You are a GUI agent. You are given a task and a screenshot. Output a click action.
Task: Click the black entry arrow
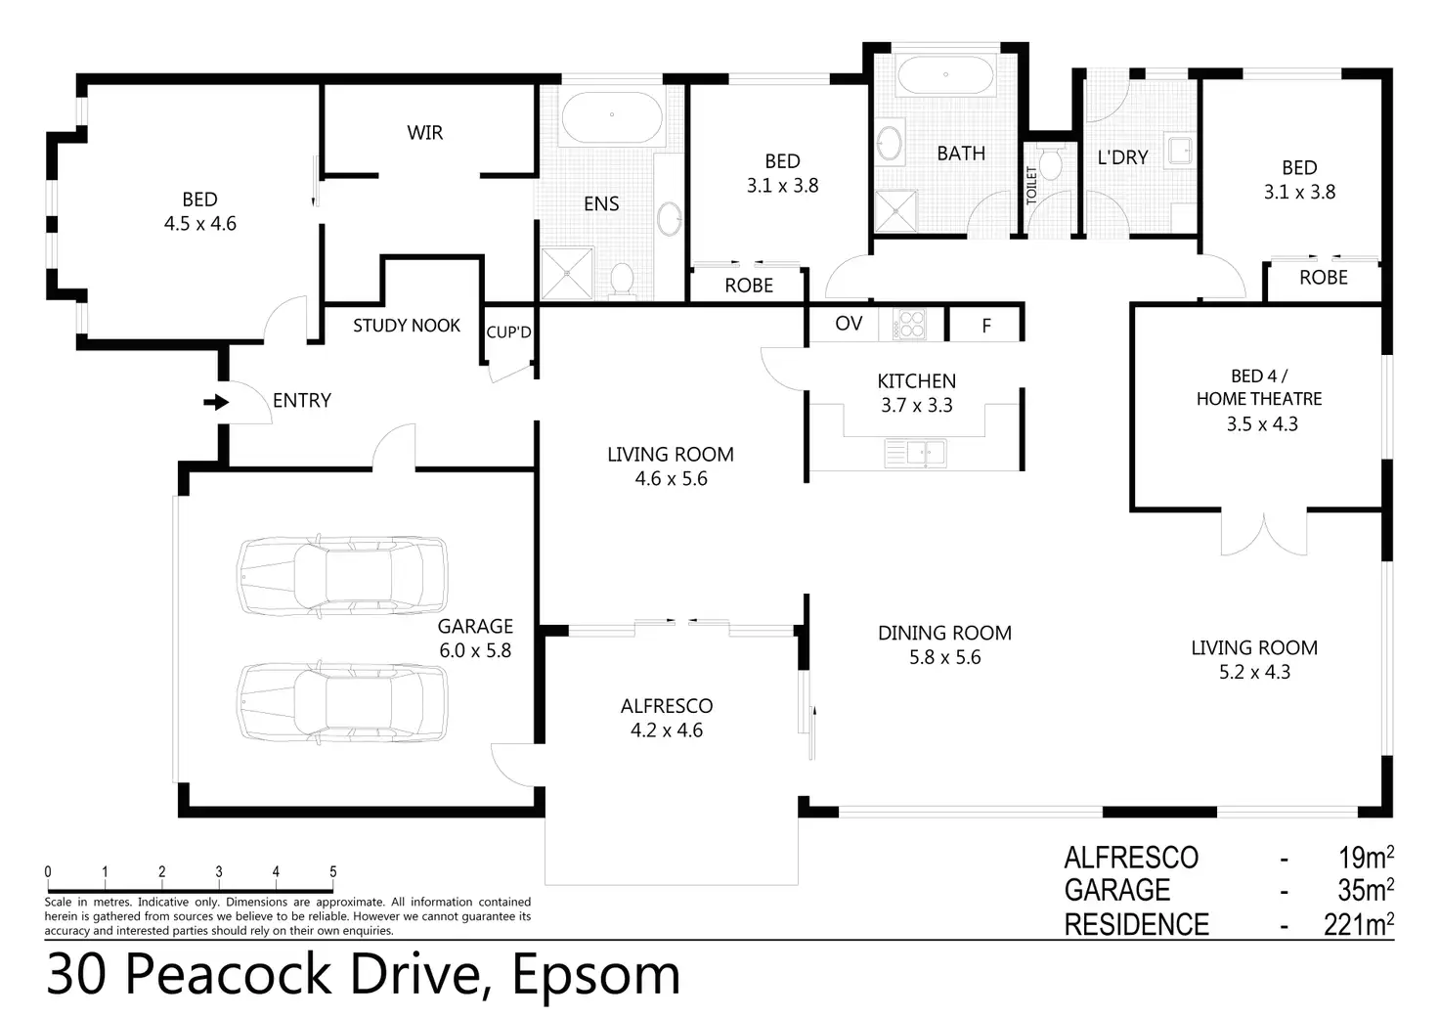point(216,402)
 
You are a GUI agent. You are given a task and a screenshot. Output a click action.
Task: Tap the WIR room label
point(424,132)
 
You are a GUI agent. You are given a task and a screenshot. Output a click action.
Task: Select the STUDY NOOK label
point(407,325)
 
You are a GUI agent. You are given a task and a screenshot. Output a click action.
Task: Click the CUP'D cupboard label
point(508,332)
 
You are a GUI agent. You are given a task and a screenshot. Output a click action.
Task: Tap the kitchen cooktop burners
point(910,325)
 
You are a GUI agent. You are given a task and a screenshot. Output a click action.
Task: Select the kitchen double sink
point(915,453)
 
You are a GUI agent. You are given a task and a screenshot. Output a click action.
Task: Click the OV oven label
point(849,323)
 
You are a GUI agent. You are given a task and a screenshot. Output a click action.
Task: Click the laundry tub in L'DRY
point(1180,151)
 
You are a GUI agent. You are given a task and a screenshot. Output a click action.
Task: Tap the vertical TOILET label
point(1031,185)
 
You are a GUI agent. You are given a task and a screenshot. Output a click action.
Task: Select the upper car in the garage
point(342,576)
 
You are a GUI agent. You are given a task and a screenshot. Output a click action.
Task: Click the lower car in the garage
point(342,701)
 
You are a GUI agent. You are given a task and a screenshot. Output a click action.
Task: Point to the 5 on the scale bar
point(332,872)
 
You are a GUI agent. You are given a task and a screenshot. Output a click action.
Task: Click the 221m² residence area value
point(1359,924)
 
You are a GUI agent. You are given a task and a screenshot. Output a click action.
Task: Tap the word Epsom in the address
point(595,977)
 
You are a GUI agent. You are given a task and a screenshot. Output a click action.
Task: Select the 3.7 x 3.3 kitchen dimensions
point(917,406)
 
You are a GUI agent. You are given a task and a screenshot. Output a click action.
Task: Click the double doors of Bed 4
point(1264,534)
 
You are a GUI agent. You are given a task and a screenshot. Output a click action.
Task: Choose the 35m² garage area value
point(1366,891)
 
